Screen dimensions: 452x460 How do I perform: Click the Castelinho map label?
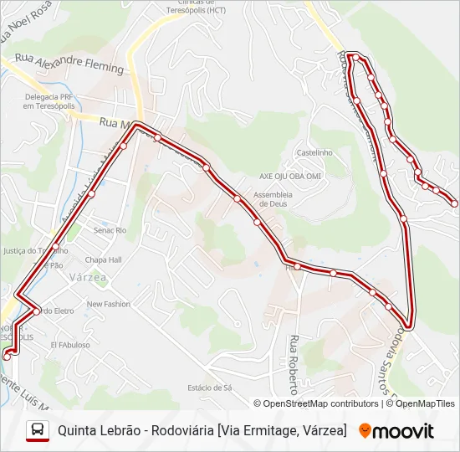coord(314,152)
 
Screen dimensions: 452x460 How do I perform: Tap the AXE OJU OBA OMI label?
coord(290,177)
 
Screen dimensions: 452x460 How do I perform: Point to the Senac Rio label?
coord(110,229)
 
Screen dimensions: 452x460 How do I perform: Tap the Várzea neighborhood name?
coord(88,276)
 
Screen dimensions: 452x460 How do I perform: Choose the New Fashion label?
coord(109,304)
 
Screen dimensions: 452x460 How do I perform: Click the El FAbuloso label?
coord(70,344)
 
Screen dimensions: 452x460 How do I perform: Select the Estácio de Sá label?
coord(210,388)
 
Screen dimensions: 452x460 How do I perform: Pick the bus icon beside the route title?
coord(38,430)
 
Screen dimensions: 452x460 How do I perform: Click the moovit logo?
coord(396,431)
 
